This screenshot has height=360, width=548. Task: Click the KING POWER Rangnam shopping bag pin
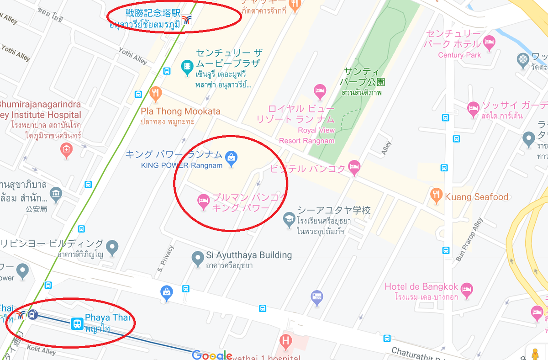pos(232,158)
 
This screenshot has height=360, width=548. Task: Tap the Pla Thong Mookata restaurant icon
pos(155,94)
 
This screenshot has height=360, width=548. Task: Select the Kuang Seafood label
pos(477,197)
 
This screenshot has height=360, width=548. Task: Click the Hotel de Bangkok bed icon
pos(466,289)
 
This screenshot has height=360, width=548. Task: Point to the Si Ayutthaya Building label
pos(248,255)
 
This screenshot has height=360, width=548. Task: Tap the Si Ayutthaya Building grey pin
pos(197,258)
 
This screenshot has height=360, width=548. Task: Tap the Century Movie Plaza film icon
pos(187,67)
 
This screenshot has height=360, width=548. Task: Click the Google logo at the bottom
pos(212,355)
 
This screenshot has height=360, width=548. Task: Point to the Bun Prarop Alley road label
pos(469,240)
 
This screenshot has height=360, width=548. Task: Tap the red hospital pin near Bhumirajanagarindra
pos(67,149)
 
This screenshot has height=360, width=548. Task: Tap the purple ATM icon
pos(316,297)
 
